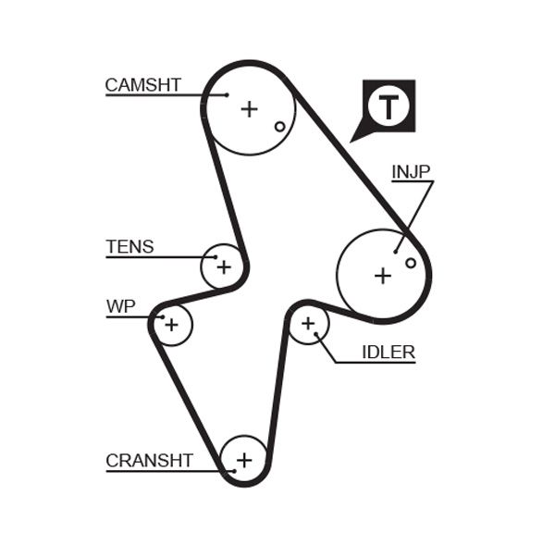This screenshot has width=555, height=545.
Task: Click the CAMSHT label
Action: click(142, 85)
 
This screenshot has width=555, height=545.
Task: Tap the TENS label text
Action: click(129, 247)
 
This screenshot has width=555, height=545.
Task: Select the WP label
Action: click(120, 307)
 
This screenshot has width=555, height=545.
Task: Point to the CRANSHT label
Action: click(149, 460)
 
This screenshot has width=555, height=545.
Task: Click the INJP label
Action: click(411, 171)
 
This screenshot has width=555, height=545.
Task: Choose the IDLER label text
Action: click(388, 352)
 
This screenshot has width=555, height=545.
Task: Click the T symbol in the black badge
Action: click(388, 106)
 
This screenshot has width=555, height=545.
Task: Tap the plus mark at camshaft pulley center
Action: click(249, 109)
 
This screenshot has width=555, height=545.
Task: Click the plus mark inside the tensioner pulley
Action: click(223, 267)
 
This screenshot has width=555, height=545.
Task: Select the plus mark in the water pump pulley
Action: click(171, 325)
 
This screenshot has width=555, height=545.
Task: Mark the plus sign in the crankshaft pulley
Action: click(244, 459)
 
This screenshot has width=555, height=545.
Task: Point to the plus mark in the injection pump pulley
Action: click(382, 275)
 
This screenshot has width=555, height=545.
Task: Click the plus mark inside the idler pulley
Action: click(309, 324)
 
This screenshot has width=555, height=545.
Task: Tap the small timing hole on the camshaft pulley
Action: click(279, 126)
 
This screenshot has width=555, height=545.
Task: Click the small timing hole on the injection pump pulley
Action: click(411, 263)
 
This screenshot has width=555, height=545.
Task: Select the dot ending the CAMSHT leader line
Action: click(226, 94)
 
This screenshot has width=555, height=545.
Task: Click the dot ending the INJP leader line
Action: click(396, 250)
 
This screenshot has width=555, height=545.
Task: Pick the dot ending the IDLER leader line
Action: click(316, 335)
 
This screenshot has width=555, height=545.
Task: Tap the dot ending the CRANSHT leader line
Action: click(234, 471)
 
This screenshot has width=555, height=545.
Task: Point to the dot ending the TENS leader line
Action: click(216, 256)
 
